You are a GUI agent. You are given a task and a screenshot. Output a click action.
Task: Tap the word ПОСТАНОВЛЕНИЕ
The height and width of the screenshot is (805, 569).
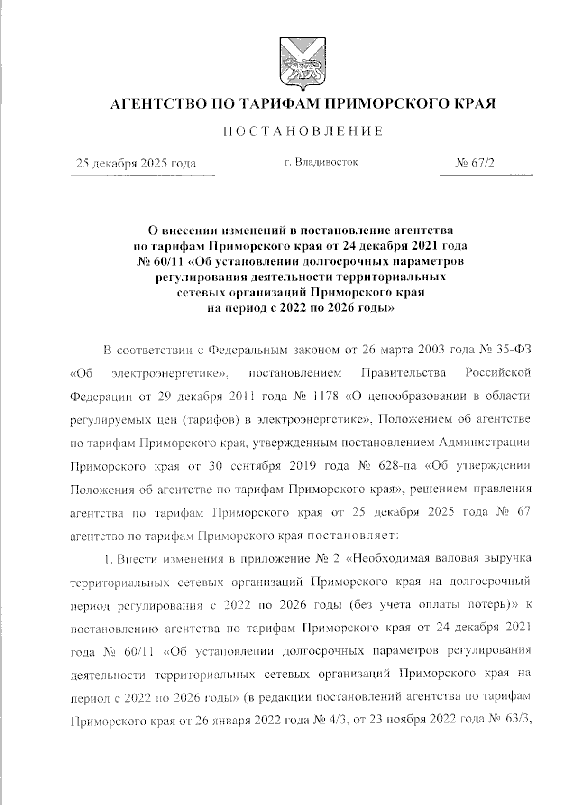(x=303, y=131)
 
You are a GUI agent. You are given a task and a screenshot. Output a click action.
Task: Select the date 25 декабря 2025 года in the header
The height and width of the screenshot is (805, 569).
(x=137, y=164)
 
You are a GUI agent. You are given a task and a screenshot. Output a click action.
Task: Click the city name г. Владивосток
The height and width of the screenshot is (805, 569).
(x=321, y=162)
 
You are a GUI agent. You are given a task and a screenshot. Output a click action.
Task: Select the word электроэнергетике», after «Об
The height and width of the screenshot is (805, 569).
(x=171, y=373)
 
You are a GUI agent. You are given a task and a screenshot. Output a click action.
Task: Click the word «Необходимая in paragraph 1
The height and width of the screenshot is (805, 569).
(x=391, y=558)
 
